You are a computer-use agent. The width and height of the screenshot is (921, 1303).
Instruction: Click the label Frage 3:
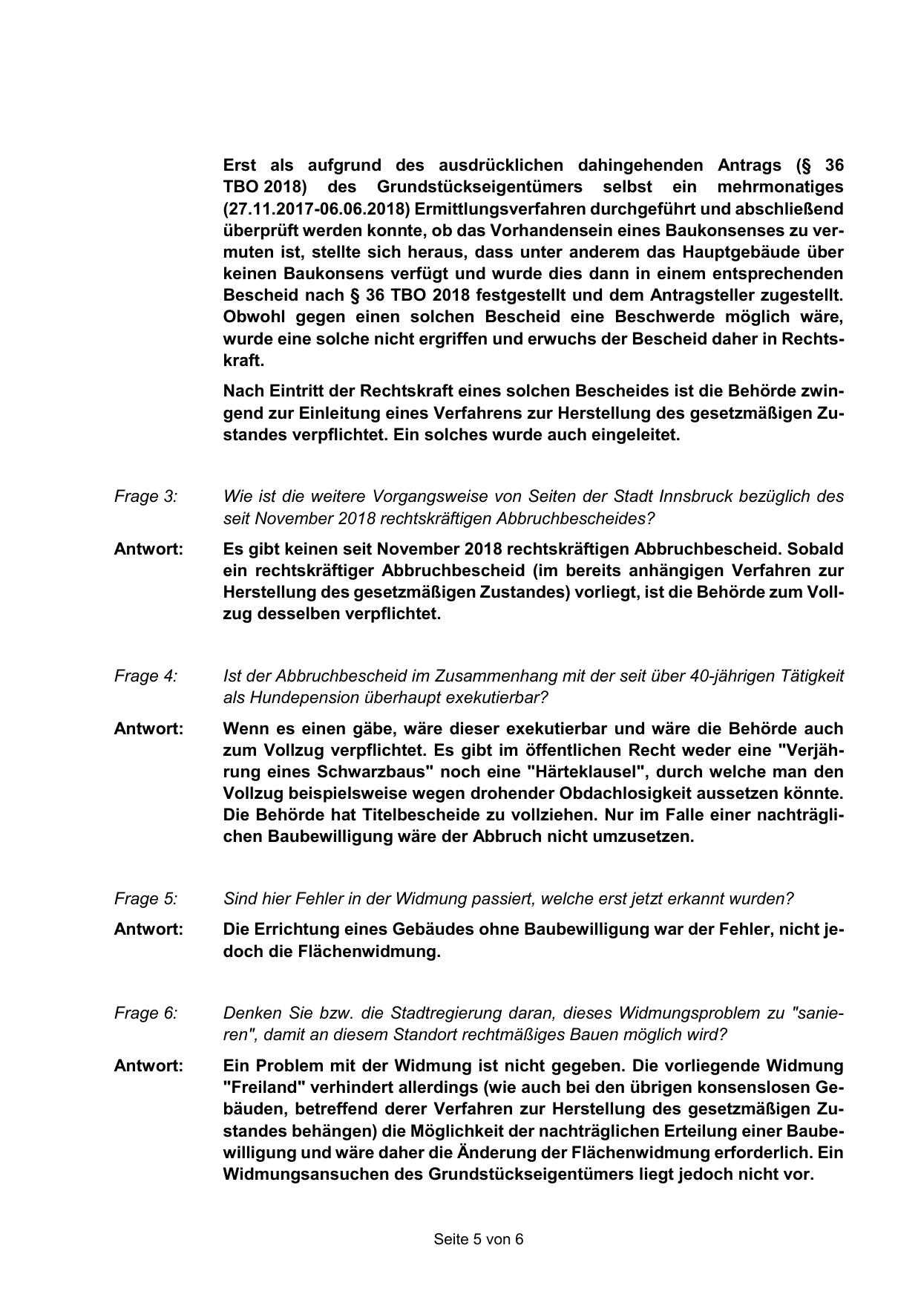(x=145, y=497)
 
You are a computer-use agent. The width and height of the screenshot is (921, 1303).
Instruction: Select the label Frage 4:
(x=145, y=676)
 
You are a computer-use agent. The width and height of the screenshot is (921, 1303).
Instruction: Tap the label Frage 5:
(x=145, y=899)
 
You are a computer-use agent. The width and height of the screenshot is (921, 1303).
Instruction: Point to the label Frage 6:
(x=145, y=1013)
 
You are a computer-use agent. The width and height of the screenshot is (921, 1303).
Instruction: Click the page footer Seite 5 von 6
(x=479, y=1239)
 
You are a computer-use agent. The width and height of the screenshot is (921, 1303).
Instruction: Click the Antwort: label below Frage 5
(x=148, y=930)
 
